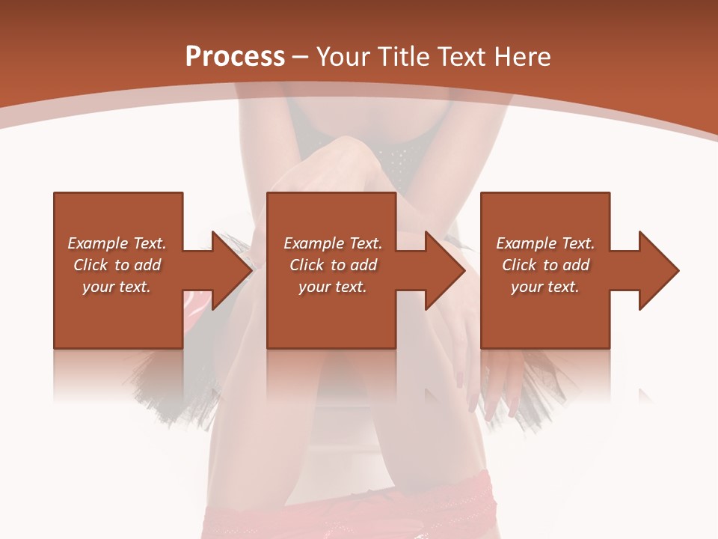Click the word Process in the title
235,57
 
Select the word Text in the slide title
461,57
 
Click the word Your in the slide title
343,57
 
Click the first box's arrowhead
227,270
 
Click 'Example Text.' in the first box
117,243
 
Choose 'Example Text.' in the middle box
332,243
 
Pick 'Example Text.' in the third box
545,243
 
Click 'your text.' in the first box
117,287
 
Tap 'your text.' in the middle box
332,287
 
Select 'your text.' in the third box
545,287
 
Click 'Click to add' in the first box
117,265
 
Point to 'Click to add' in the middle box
332,265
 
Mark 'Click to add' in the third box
545,265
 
